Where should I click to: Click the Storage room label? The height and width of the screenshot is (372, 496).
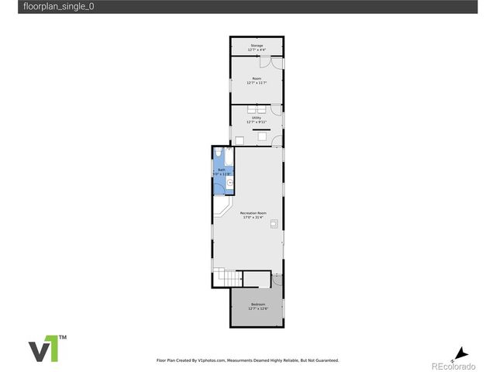pos(257,46)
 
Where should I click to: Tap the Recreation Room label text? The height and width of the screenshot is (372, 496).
pos(253,212)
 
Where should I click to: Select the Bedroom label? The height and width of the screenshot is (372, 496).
pos(258,304)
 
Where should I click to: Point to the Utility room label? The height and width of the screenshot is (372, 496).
pos(257,118)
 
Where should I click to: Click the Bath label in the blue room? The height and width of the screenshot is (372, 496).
pos(221,169)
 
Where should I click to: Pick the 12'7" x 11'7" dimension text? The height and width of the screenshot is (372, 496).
pos(257,83)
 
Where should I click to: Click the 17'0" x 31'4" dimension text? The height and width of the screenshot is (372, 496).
pos(253,218)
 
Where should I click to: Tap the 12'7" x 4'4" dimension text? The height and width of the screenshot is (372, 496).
pos(257,50)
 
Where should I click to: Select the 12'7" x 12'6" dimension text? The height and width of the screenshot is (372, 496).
pos(258,308)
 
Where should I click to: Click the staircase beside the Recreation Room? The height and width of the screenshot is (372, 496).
pos(226,277)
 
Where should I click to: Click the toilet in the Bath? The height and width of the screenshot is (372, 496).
pos(219,153)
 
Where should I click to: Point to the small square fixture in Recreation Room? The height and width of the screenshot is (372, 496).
pos(274,223)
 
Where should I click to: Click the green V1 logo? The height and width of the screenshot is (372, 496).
pos(43,349)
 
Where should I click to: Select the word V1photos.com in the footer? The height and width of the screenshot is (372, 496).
pos(212,360)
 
